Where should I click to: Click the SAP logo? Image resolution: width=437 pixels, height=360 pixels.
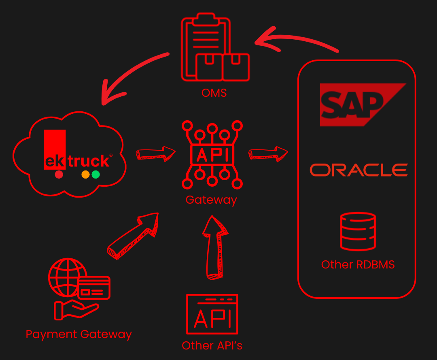coord(356,104)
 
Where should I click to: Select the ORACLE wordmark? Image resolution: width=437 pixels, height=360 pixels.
coord(359,170)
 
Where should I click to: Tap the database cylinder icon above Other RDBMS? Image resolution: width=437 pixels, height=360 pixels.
coord(358,231)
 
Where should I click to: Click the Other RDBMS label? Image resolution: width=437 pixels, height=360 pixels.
coord(358,265)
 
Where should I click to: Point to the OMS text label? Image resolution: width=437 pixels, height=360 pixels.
coord(214,93)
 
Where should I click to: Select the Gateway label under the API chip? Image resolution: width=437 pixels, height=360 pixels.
coord(211,200)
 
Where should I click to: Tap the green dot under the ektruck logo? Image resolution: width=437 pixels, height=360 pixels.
coord(96,175)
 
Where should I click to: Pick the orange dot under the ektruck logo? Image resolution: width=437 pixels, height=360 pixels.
coord(85,175)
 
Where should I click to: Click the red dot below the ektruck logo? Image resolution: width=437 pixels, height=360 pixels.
coord(59,175)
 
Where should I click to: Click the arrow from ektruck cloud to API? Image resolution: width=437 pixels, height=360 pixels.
coord(155,153)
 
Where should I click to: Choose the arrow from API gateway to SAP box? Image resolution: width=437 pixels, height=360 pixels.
coord(268,153)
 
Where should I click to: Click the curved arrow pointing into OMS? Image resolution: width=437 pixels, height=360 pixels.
coord(295,40)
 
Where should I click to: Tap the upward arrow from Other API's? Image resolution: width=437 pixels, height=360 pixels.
coord(214,247)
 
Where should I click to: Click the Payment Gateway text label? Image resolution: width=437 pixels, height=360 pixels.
coord(79,334)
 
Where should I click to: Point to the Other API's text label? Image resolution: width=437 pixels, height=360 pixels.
coord(212,345)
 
